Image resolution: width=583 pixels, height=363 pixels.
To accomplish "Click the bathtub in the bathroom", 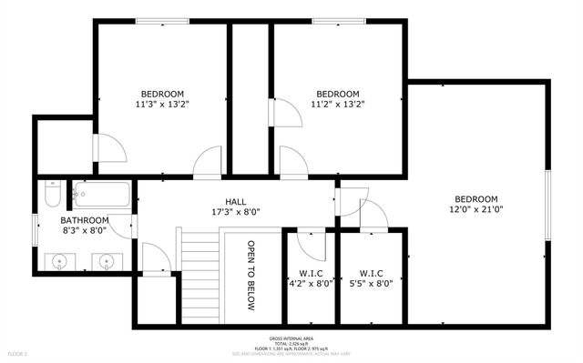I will click(101, 195).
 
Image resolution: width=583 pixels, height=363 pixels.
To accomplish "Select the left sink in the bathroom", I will click(60, 262).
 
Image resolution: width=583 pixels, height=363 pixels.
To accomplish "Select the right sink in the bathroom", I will click(107, 262).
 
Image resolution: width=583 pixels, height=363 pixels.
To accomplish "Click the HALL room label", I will click(236, 202).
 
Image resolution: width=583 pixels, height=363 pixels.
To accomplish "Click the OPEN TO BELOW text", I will click(251, 276).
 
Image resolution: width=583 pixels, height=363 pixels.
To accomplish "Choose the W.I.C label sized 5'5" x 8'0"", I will click(369, 272).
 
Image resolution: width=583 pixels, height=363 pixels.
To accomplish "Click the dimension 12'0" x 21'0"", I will click(476, 210).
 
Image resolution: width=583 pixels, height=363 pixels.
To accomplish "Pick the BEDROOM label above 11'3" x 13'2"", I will click(162, 94).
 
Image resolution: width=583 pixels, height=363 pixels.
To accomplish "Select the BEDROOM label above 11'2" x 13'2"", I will click(337, 94).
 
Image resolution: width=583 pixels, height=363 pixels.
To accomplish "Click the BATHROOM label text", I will click(85, 220).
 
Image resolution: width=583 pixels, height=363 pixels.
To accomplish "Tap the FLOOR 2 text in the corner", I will click(19, 353).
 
